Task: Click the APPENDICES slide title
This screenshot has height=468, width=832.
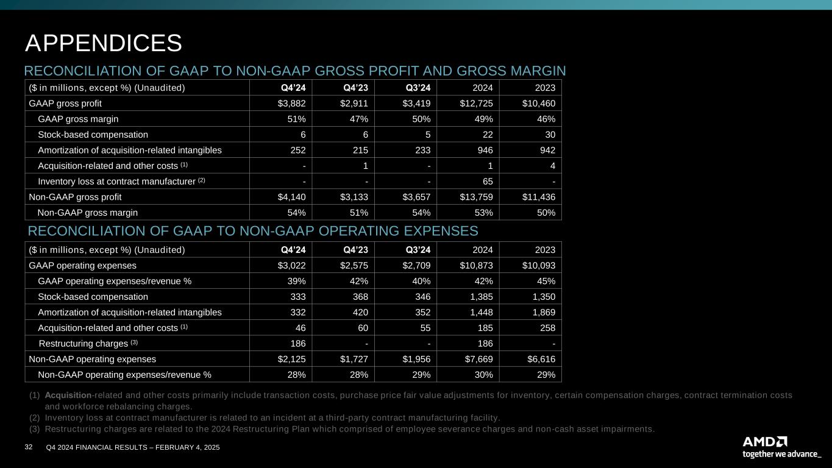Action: coord(103,43)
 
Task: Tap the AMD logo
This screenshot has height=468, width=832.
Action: coord(764,441)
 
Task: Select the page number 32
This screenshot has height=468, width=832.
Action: coord(28,447)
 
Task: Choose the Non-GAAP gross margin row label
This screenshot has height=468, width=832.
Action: coord(87,213)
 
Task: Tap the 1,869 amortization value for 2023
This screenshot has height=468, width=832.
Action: coord(541,313)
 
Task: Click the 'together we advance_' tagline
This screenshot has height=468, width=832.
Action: coord(781,454)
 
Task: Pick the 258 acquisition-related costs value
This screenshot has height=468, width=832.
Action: coord(547,328)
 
